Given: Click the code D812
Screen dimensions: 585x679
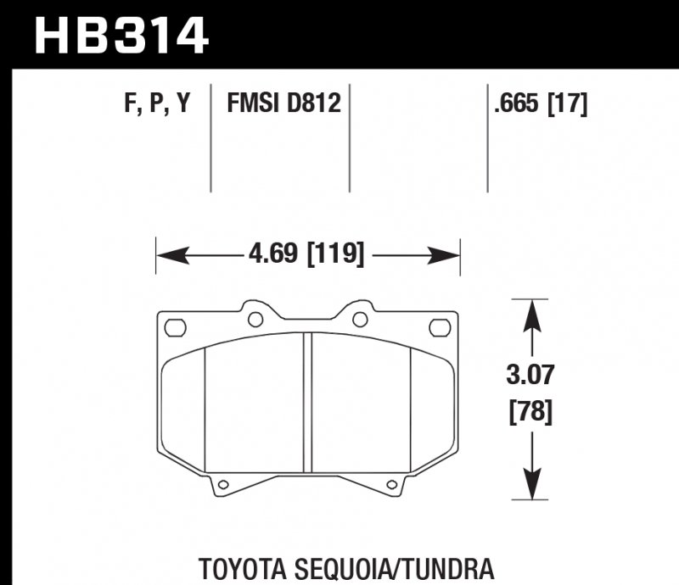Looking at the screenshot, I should click(313, 104).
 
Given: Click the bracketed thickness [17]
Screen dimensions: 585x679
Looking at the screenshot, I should click(568, 104).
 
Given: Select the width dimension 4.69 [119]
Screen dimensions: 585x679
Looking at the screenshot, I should click(307, 253).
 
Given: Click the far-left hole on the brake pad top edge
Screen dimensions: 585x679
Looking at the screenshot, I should click(176, 326).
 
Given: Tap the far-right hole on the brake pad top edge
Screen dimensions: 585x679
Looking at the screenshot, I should click(438, 326).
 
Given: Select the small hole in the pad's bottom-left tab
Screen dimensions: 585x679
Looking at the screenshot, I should click(222, 486).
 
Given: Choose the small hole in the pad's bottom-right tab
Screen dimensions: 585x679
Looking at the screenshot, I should click(392, 486).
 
